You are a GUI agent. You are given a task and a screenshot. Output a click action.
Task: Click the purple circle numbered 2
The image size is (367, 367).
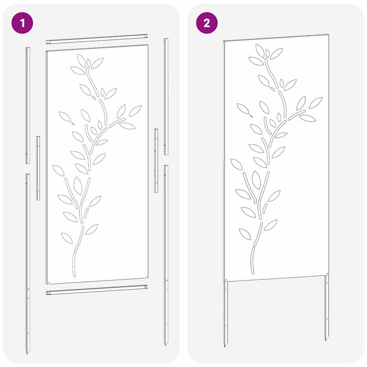[x=206, y=24]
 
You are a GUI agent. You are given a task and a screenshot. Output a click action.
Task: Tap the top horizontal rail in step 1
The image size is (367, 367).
[x=97, y=39]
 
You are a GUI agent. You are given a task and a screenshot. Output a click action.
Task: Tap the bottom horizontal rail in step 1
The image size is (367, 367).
[x=97, y=290]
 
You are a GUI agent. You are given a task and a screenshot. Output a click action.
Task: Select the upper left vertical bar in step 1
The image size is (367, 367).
[x=28, y=105]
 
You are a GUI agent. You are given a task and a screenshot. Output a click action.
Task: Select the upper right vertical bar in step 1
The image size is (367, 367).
[x=166, y=97]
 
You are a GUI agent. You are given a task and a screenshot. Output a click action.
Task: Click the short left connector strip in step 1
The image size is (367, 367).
[x=38, y=168]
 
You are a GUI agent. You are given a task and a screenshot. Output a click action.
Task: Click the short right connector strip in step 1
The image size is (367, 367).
[x=156, y=160]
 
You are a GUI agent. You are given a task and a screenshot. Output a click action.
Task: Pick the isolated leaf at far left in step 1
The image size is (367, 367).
[x=65, y=117]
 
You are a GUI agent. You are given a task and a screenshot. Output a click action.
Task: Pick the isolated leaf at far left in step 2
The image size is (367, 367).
[x=243, y=109]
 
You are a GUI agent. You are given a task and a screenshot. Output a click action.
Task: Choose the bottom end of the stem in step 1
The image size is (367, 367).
[x=73, y=275]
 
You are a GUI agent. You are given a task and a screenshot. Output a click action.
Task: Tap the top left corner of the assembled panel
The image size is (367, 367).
[x=224, y=41]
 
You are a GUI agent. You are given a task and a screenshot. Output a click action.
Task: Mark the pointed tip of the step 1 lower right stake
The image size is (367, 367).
[x=166, y=344]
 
